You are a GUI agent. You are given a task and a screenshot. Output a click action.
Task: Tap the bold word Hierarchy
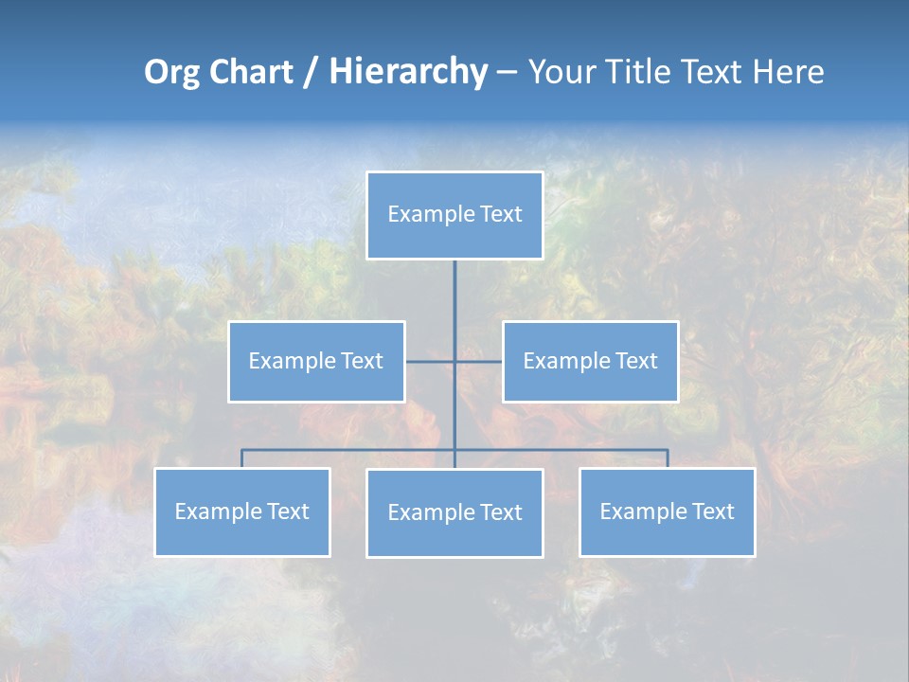coord(408,72)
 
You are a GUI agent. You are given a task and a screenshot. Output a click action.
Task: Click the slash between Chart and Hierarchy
coord(311,73)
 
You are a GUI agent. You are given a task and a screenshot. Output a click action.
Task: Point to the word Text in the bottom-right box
coord(713,511)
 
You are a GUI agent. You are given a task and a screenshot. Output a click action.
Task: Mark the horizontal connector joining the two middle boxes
coord(478,362)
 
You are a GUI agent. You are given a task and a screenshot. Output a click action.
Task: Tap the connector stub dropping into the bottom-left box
coord(242,458)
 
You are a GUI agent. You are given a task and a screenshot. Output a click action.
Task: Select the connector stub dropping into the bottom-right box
coord(668,458)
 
